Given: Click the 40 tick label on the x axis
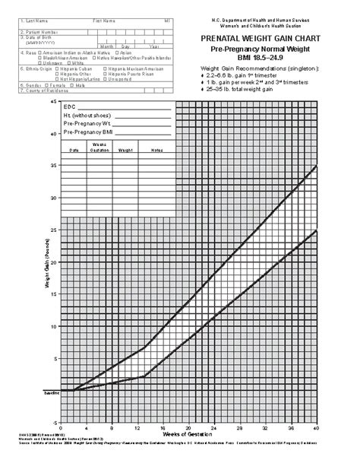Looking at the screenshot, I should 314,427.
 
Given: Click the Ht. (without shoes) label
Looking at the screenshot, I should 87,116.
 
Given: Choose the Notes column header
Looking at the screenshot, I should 156,150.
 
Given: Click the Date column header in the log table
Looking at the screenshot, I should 74,150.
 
